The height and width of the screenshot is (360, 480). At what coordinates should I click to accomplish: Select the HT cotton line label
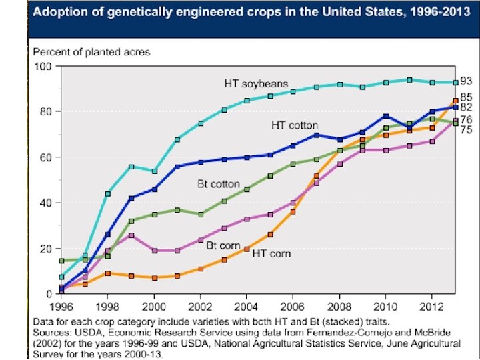[294, 125]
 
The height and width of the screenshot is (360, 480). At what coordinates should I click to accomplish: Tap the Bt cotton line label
[218, 184]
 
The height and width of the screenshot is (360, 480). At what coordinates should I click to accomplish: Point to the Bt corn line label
[221, 246]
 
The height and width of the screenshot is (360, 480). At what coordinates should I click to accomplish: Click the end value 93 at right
[467, 81]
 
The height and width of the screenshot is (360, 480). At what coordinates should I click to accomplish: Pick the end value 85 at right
[467, 97]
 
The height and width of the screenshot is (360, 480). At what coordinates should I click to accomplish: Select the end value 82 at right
[467, 107]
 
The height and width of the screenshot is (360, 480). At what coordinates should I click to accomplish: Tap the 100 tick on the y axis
[43, 66]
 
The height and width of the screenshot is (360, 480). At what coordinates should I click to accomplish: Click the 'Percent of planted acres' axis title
[92, 52]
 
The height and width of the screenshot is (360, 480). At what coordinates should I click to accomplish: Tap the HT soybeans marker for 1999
[132, 167]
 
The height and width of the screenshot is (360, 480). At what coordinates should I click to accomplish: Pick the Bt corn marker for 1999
[132, 235]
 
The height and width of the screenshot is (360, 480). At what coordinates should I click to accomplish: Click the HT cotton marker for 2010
[385, 117]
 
